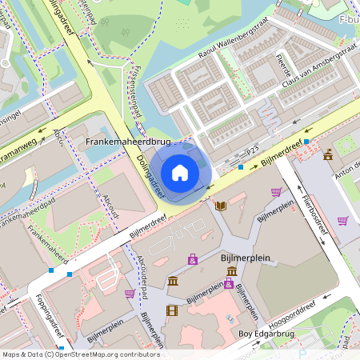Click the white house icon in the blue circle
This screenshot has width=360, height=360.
(179, 171)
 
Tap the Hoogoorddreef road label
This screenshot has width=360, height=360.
(270, 314)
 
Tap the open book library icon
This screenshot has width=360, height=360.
(221, 206)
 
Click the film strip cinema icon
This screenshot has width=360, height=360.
(171, 310)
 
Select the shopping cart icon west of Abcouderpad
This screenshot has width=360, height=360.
(130, 294)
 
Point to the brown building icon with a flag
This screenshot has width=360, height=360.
(328, 154)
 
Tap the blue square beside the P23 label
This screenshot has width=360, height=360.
(241, 167)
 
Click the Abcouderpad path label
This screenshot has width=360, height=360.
(142, 276)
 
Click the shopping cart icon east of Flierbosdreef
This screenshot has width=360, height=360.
(342, 221)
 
